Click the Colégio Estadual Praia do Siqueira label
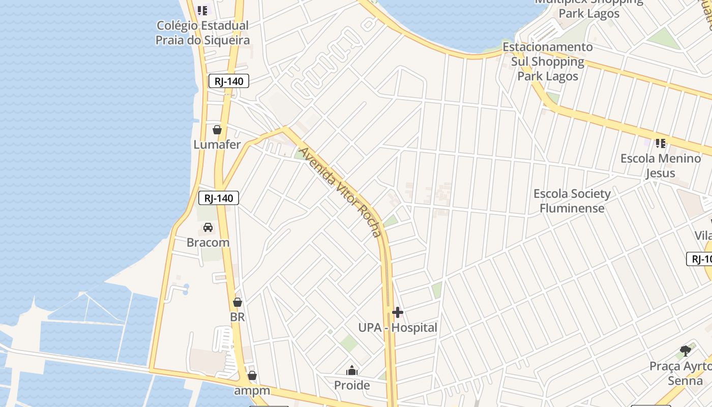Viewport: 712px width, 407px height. (203, 33)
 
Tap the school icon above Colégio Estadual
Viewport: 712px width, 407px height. (203, 10)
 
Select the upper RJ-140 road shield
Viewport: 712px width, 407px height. (229, 81)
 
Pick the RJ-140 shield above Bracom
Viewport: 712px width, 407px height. (219, 198)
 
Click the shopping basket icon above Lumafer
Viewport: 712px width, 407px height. (217, 130)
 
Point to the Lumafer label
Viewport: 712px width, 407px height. (217, 144)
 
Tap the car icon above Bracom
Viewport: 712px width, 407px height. (208, 227)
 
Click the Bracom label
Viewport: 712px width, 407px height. (208, 242)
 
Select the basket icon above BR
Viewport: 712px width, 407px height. (238, 302)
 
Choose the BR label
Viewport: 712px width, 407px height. (238, 317)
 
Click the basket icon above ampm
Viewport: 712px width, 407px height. (252, 376)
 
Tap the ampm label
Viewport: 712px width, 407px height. (252, 391)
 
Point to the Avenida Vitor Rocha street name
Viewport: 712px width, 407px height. (340, 192)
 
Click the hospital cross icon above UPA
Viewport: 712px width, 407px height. (398, 312)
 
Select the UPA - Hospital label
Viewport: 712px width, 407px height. (398, 328)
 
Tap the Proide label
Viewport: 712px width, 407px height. (352, 385)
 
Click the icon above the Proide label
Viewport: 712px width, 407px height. (352, 370)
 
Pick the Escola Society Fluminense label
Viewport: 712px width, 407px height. (572, 201)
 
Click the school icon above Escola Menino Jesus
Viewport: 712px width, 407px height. (661, 143)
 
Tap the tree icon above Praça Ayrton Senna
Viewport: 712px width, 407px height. (686, 351)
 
